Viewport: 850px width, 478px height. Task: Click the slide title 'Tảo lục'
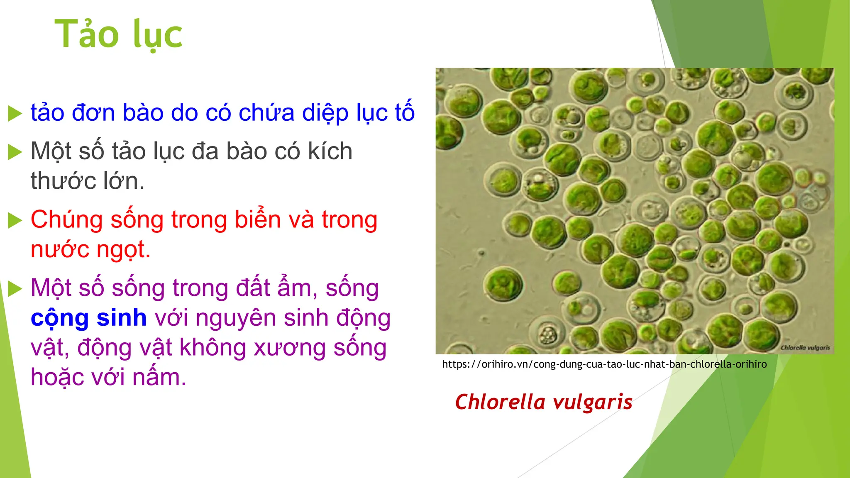coord(118,35)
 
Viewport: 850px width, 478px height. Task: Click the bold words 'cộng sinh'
coord(88,318)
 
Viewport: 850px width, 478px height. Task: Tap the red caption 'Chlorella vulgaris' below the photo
coord(543,402)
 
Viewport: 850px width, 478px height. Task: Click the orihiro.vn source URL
coord(604,364)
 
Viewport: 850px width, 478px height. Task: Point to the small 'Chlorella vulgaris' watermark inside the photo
coord(805,348)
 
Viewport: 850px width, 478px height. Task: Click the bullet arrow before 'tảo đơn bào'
coord(15,113)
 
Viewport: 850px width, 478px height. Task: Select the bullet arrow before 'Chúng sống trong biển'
coord(15,220)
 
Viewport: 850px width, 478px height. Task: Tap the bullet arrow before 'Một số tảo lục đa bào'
coord(15,152)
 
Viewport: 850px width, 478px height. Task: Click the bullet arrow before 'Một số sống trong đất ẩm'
coord(15,289)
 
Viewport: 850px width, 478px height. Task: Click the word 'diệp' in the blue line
coord(325,113)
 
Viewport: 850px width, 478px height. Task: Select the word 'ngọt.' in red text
coord(123,250)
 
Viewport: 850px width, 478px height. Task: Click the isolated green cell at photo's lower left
coord(503,284)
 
